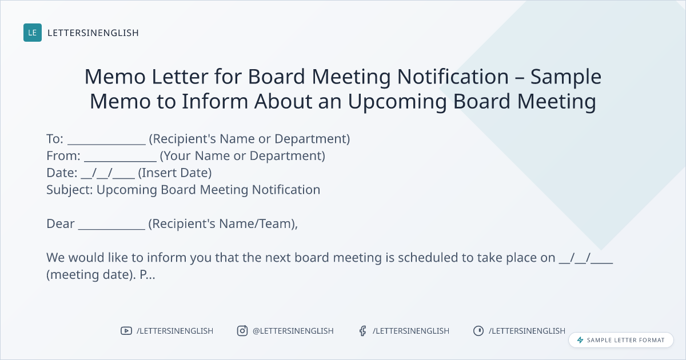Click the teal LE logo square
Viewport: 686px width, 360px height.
coord(33,33)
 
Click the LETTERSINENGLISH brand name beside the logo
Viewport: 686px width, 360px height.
coord(93,33)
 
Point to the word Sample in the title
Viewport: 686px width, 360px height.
coord(566,77)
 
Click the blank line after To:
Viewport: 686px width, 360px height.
coord(106,143)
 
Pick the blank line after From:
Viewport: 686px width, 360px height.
coord(121,161)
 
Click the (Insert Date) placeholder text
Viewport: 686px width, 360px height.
coord(175,173)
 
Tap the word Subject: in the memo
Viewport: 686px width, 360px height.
coord(70,190)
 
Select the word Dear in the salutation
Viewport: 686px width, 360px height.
coord(61,224)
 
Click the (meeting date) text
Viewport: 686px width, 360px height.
coord(91,275)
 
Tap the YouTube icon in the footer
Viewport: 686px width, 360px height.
coord(126,331)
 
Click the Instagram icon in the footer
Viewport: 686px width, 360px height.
coord(242,331)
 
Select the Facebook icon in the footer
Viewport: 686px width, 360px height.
coord(363,331)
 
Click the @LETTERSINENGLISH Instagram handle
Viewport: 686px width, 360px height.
coord(293,331)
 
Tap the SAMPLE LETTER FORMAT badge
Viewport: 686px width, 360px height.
coord(621,340)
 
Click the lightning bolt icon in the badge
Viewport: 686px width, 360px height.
coord(580,340)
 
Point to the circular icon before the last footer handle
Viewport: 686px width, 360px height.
coord(478,331)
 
